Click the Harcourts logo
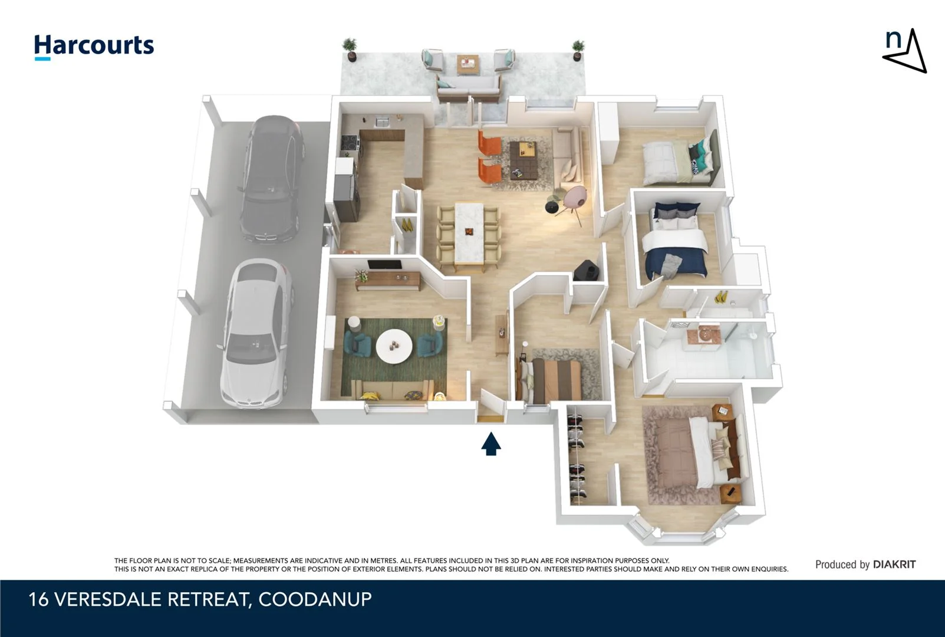[x=94, y=46]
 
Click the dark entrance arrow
[x=490, y=444]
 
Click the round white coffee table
[x=394, y=346]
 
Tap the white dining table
[x=469, y=232]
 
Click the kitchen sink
[x=381, y=122]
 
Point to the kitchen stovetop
[x=350, y=142]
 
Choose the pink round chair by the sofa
[x=574, y=198]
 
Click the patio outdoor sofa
[x=468, y=84]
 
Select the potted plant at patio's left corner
[x=350, y=48]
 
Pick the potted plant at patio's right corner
[x=578, y=50]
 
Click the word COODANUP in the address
[x=315, y=599]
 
